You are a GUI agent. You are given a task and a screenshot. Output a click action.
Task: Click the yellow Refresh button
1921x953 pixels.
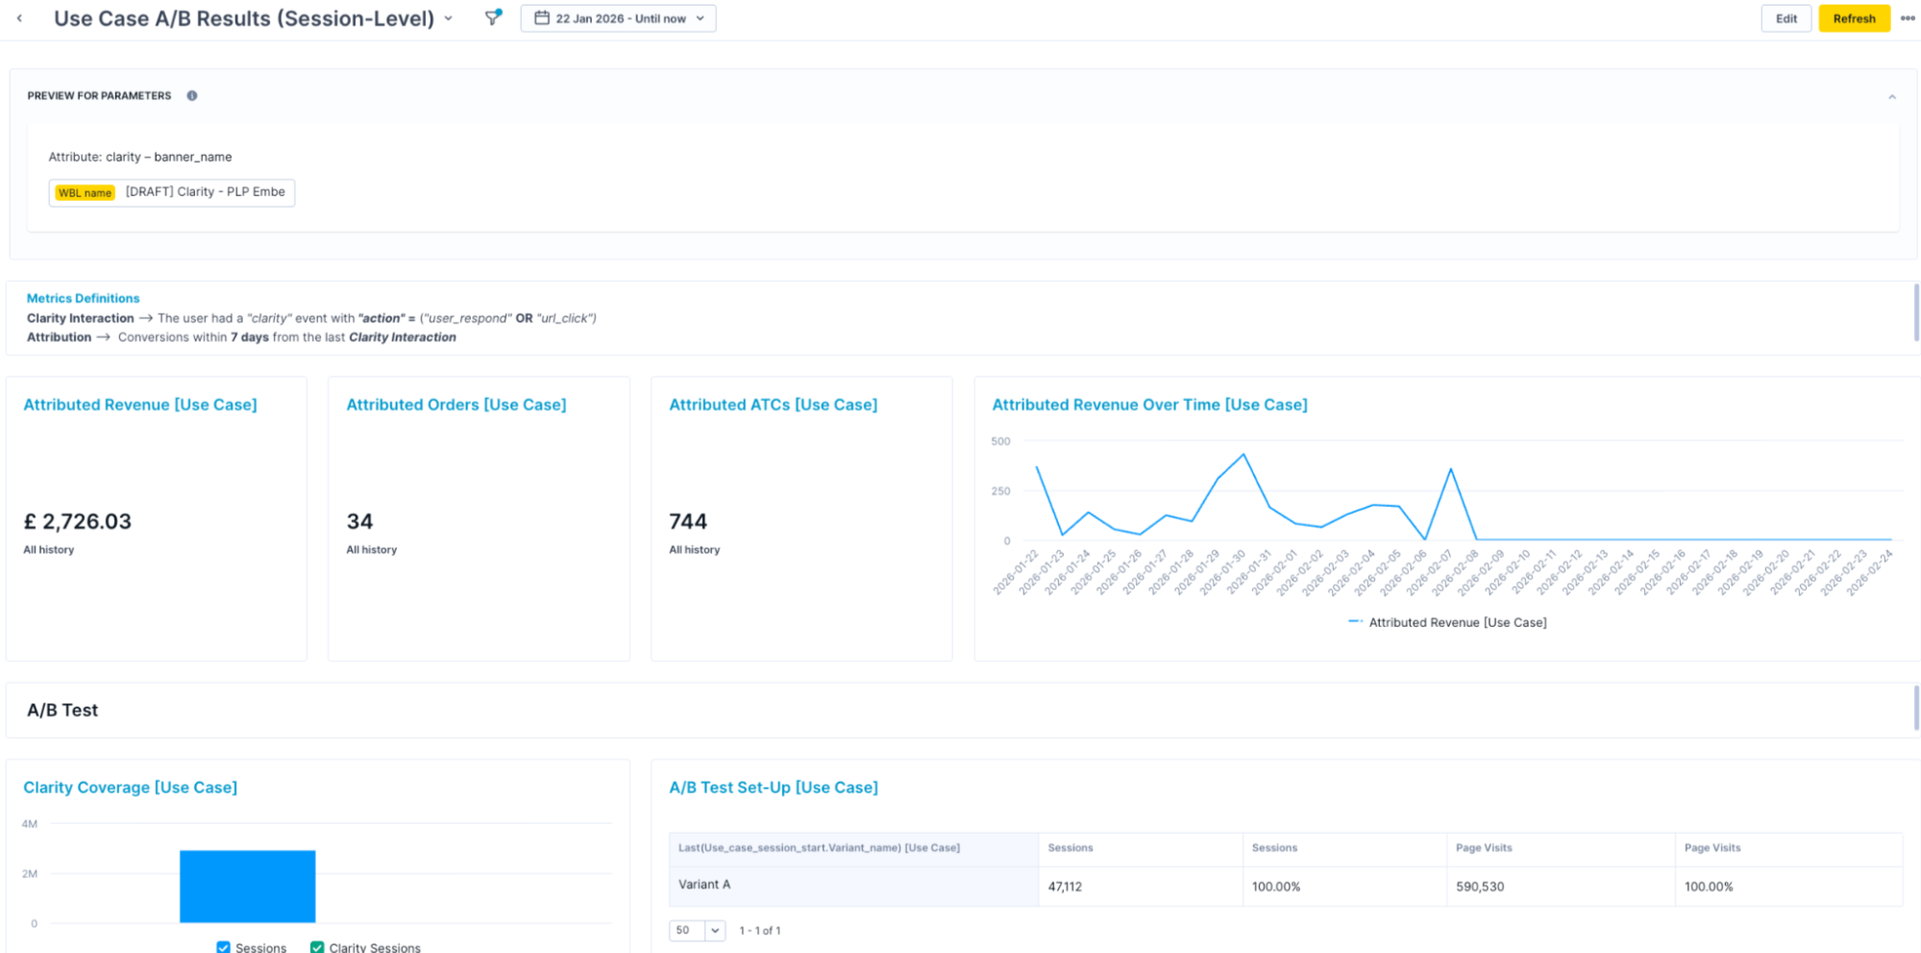[x=1853, y=18]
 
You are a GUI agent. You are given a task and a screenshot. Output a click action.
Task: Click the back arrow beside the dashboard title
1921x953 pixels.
[x=19, y=18]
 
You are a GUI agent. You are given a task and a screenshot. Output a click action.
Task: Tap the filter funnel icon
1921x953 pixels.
[x=492, y=17]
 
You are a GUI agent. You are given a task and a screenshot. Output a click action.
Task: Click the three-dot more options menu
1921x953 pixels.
[x=1907, y=18]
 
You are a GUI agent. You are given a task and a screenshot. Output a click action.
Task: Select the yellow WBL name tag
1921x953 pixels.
[x=85, y=193]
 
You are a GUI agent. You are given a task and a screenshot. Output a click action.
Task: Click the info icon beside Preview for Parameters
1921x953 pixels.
[x=192, y=96]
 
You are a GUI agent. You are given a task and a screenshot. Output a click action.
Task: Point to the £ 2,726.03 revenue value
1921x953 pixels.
[x=78, y=521]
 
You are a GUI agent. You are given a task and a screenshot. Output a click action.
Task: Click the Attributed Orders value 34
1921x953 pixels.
[x=359, y=521]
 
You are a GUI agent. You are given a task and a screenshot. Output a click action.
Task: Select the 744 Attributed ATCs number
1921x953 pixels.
[x=688, y=521]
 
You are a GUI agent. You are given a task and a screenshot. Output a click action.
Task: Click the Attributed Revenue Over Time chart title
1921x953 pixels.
[x=1149, y=405]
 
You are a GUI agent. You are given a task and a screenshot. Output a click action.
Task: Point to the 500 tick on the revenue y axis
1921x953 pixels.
[x=1000, y=441]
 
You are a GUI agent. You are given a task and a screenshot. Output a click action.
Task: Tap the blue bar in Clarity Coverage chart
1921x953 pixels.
[x=247, y=886]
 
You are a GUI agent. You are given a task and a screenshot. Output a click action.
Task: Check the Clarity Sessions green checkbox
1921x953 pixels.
[x=317, y=947]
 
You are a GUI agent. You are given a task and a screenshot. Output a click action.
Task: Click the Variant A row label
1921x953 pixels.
[x=704, y=885]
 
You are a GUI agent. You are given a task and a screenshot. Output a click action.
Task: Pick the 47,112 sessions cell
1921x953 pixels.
[x=1065, y=887]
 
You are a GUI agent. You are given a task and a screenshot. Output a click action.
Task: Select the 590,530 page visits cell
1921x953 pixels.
[x=1480, y=887]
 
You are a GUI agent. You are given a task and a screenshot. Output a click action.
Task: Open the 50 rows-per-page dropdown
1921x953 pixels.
[x=697, y=930]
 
